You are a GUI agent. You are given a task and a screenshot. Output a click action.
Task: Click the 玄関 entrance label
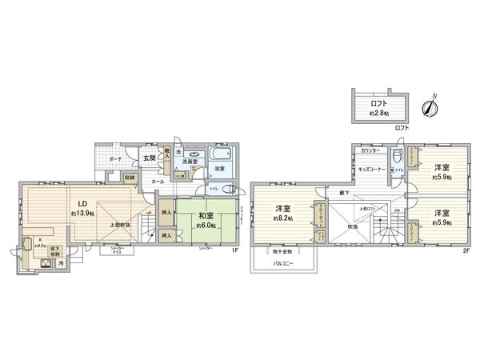tap(150, 158)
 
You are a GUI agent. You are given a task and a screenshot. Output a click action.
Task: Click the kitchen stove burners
tap(37, 262)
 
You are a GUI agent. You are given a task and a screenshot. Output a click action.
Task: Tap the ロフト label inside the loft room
tap(379, 103)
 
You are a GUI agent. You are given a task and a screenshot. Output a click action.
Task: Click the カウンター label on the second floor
tap(370, 150)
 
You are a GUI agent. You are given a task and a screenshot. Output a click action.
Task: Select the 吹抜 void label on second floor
tap(351, 225)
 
